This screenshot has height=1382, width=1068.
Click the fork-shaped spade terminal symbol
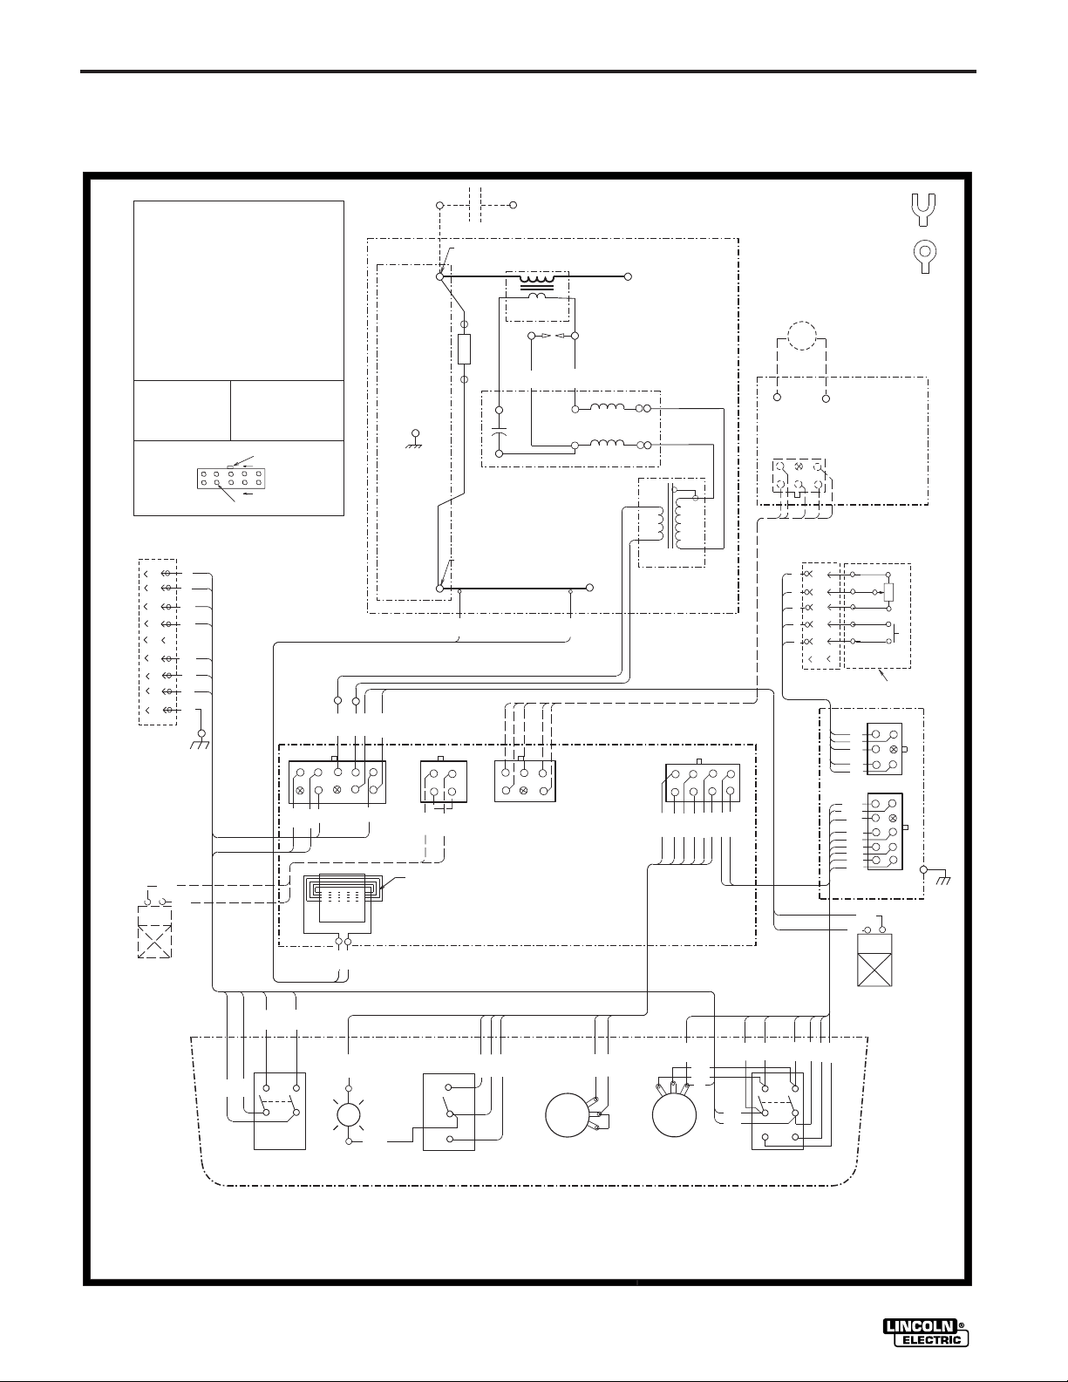[923, 209]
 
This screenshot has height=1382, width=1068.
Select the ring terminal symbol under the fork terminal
[925, 257]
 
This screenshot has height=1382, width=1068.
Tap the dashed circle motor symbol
[801, 335]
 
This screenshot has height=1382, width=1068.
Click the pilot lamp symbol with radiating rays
[349, 1115]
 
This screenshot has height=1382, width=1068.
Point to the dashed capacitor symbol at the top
[475, 206]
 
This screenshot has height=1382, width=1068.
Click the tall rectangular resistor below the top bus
[464, 349]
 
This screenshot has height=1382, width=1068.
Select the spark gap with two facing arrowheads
[553, 335]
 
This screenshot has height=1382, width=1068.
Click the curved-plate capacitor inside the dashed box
[499, 432]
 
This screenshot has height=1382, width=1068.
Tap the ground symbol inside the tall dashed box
[416, 439]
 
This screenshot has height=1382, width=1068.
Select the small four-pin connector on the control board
[444, 781]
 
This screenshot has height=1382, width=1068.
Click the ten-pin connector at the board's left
[337, 781]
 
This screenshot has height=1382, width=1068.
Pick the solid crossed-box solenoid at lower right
[874, 959]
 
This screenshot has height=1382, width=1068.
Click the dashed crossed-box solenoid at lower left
[154, 932]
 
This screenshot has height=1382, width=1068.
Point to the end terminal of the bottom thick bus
[590, 588]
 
